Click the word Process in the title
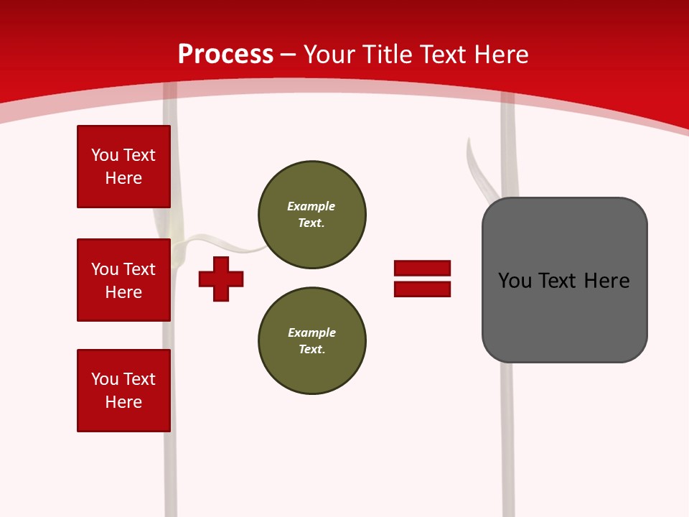click(225, 55)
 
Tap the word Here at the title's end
click(501, 55)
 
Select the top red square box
click(123, 167)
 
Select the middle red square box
click(123, 280)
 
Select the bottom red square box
click(123, 391)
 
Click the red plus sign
click(221, 279)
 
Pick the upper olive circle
click(312, 215)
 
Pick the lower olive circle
click(312, 341)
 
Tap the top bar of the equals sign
click(422, 268)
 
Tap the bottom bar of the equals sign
click(422, 289)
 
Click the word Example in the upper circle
click(311, 206)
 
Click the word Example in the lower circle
click(311, 332)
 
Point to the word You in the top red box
click(104, 155)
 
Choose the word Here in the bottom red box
click(123, 402)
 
